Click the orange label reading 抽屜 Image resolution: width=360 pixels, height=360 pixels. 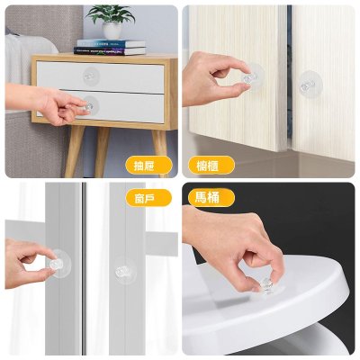(x=148, y=166)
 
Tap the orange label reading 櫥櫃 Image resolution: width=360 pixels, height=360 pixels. (x=211, y=166)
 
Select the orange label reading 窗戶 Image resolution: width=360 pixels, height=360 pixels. (x=148, y=198)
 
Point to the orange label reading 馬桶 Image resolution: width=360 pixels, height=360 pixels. (x=211, y=198)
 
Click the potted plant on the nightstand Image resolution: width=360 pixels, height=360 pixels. (x=111, y=21)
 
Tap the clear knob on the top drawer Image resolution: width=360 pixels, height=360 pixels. (x=89, y=76)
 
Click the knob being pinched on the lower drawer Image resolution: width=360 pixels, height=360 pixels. (x=88, y=107)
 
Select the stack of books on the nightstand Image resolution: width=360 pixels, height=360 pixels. (x=110, y=47)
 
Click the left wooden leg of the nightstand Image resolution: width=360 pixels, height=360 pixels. (x=74, y=151)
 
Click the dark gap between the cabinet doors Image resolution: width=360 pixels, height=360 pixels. (x=289, y=75)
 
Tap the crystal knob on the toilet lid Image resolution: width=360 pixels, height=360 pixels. (x=265, y=284)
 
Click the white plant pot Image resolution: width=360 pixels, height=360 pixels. (x=112, y=31)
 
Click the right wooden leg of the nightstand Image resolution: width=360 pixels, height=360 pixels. (x=160, y=151)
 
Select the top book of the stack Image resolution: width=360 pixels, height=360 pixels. (x=111, y=43)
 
